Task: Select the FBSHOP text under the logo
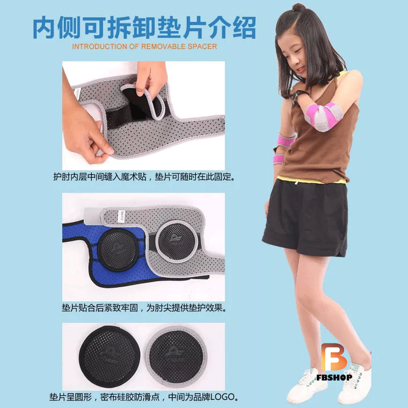point(334,377)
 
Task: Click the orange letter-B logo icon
point(334,357)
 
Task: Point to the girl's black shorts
point(306,218)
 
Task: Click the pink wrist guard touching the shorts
point(278,159)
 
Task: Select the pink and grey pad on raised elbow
point(323,116)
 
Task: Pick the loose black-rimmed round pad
point(110,357)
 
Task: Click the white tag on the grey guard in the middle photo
point(121,216)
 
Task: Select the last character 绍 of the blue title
point(245,27)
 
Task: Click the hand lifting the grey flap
point(149,77)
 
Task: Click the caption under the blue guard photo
point(144,308)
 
